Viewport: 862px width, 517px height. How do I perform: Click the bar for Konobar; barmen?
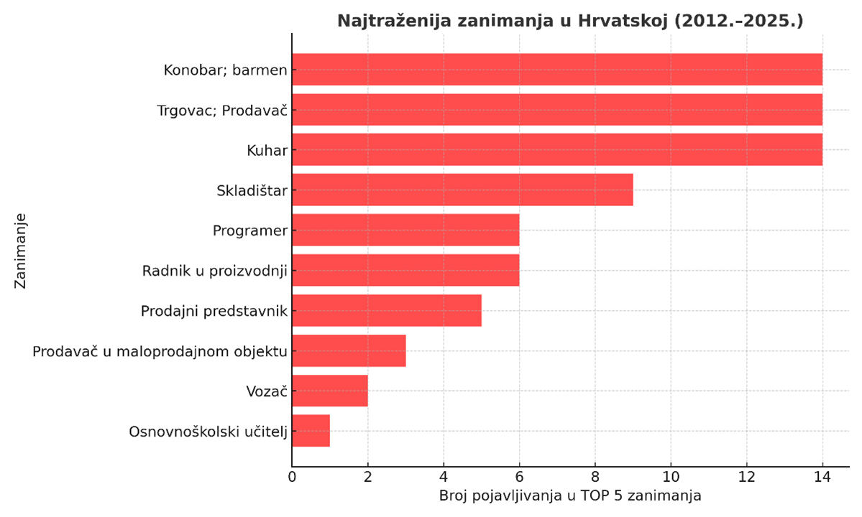click(x=556, y=70)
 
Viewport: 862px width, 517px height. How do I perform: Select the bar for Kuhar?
click(x=556, y=150)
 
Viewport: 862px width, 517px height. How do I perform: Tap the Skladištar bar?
click(x=462, y=190)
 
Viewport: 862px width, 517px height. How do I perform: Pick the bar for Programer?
click(x=405, y=230)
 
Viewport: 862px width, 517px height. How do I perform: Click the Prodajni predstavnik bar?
click(x=387, y=310)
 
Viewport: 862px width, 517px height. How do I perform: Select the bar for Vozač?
click(x=330, y=391)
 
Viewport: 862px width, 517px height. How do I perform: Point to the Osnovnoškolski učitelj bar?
click(x=311, y=431)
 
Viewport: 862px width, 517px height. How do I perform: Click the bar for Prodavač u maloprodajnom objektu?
click(x=349, y=350)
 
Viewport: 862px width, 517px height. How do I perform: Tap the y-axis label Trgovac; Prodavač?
click(x=222, y=111)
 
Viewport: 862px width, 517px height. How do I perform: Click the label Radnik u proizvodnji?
click(x=214, y=271)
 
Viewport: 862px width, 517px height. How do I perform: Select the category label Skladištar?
click(x=252, y=191)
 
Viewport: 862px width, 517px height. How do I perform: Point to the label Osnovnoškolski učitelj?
click(x=208, y=432)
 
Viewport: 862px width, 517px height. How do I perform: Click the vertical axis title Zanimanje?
click(x=20, y=250)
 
